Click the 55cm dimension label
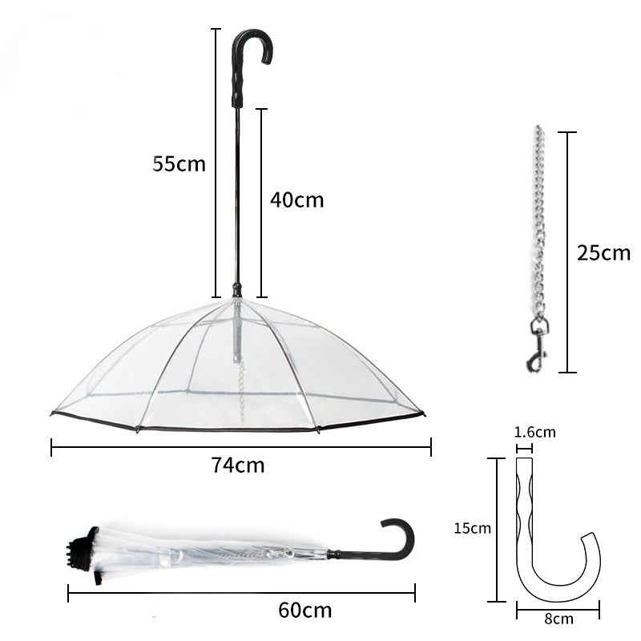(x=179, y=164)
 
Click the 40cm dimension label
(x=296, y=200)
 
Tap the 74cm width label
(x=238, y=466)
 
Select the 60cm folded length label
(x=304, y=611)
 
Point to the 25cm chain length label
(x=603, y=253)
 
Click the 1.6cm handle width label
(x=534, y=433)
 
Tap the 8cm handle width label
(x=558, y=619)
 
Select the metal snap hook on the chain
(x=538, y=345)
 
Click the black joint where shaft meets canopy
(x=236, y=289)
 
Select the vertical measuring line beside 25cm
(x=567, y=252)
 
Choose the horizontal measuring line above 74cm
(x=240, y=447)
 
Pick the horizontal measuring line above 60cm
(x=240, y=594)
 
